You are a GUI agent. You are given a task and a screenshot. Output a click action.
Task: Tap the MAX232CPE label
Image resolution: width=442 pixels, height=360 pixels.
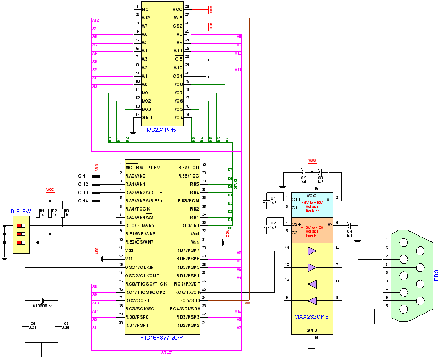(x=312, y=317)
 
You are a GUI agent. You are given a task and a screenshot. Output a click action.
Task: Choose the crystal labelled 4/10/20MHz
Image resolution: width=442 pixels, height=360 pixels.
(x=42, y=304)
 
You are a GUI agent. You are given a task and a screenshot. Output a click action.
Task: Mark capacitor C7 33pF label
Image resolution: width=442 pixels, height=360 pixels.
(x=66, y=325)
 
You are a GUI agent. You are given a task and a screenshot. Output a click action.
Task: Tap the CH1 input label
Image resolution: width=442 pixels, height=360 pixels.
(x=83, y=175)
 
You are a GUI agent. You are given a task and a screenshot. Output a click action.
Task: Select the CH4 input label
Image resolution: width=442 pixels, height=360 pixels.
(x=83, y=201)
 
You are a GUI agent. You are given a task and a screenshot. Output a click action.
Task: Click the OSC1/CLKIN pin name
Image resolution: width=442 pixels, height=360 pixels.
(x=141, y=266)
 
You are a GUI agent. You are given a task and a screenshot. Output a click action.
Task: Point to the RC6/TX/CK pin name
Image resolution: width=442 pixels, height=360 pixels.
(x=188, y=292)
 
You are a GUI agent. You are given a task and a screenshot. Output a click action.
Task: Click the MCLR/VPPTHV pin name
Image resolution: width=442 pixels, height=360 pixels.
(x=142, y=167)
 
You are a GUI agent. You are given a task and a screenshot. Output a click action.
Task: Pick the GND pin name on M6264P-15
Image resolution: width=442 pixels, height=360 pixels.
(x=147, y=117)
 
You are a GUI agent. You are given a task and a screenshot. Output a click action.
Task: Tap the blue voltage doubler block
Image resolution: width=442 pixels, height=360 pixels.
(x=312, y=205)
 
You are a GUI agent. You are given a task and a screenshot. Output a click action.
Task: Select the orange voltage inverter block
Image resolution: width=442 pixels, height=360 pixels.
(x=312, y=230)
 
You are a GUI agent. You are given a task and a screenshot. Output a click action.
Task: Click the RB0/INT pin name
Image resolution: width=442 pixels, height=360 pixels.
(x=190, y=225)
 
